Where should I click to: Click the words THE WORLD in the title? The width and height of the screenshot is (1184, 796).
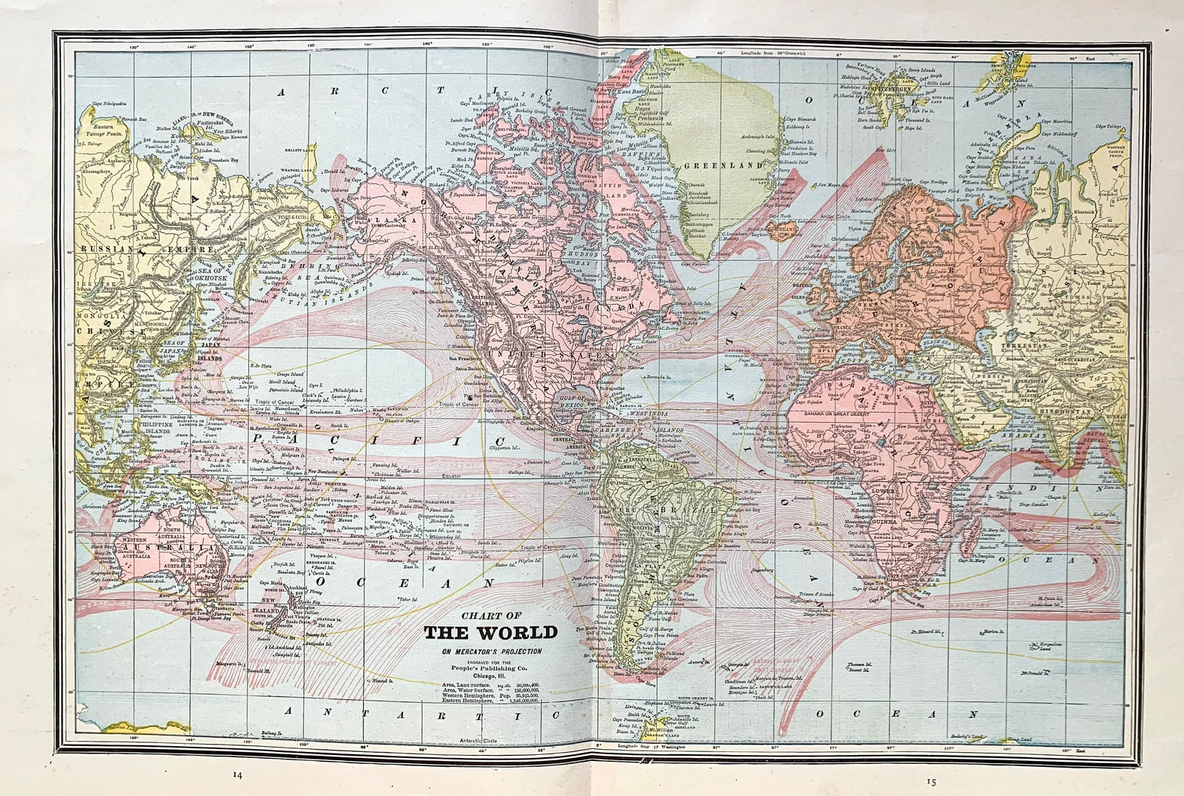point(491,633)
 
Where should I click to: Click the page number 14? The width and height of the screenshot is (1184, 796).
point(237,774)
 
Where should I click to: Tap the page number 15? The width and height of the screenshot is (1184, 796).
point(930,782)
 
